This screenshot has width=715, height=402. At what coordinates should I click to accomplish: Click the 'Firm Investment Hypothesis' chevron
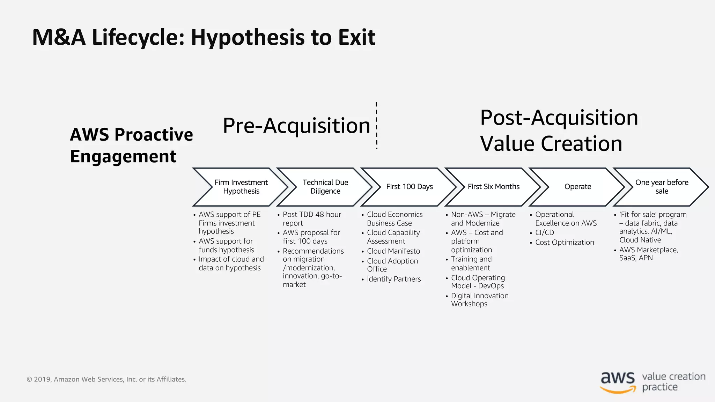pyautogui.click(x=241, y=187)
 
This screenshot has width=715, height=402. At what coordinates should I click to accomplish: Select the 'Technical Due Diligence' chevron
pyautogui.click(x=325, y=187)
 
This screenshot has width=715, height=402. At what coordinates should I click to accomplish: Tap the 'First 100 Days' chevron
pyautogui.click(x=409, y=187)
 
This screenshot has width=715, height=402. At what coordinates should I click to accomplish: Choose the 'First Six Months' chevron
pyautogui.click(x=493, y=187)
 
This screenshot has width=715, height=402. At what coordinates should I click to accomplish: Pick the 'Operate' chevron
pyautogui.click(x=577, y=187)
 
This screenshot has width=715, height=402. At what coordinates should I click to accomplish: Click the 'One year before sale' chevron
pyautogui.click(x=662, y=187)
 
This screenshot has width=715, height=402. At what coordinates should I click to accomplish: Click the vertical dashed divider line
pyautogui.click(x=376, y=126)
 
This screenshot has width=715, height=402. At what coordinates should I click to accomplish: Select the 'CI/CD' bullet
pyautogui.click(x=544, y=233)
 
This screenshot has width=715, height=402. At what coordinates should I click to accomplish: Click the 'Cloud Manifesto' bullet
pyautogui.click(x=393, y=251)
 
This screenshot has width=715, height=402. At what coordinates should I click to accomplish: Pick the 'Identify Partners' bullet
pyautogui.click(x=393, y=279)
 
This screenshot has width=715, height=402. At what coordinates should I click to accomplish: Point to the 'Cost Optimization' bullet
pyautogui.click(x=564, y=243)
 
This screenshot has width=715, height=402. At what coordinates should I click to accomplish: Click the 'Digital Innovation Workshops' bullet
pyautogui.click(x=479, y=300)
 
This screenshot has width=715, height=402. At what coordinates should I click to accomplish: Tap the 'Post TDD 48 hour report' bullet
pyautogui.click(x=311, y=219)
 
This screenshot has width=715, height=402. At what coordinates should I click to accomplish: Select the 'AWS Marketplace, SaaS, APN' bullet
pyautogui.click(x=648, y=254)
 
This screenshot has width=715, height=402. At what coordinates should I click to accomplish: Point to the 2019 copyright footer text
pyautogui.click(x=106, y=379)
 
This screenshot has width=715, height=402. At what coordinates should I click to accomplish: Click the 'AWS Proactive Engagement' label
pyautogui.click(x=131, y=145)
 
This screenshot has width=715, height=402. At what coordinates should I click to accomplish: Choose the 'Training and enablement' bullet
pyautogui.click(x=471, y=263)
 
